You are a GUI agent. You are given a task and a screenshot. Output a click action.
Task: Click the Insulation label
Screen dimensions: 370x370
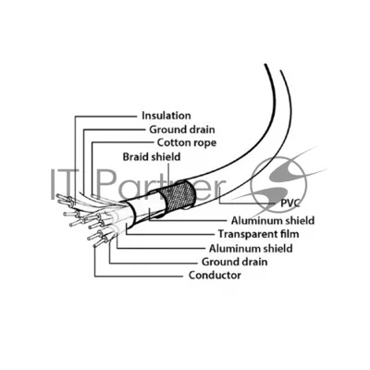(166, 116)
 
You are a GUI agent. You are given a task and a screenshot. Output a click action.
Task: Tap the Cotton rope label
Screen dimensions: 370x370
(187, 142)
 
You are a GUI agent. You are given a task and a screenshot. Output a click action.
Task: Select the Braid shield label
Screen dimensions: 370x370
(152, 156)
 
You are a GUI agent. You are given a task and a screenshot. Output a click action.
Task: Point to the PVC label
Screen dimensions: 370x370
(290, 203)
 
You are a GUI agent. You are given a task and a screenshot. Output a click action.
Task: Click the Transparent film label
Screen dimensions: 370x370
(258, 234)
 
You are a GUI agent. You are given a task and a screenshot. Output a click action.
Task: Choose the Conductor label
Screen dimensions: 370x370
(215, 275)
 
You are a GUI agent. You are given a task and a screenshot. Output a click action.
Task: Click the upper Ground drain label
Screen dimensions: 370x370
(182, 129)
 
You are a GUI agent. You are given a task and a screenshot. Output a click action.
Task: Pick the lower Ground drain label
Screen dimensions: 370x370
(234, 262)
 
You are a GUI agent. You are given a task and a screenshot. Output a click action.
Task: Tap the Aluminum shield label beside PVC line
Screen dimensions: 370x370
(273, 220)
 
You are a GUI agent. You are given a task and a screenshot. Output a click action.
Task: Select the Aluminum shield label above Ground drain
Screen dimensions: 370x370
(251, 248)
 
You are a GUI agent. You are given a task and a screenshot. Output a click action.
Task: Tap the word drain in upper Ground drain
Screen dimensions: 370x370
(201, 129)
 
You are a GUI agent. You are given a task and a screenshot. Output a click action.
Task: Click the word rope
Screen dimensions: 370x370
(204, 143)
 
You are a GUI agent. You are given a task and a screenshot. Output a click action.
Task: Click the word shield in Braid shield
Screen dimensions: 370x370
(166, 156)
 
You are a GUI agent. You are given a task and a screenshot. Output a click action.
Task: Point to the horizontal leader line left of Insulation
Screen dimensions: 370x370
(105, 117)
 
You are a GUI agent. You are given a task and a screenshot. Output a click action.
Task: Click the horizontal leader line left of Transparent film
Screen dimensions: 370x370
(169, 235)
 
